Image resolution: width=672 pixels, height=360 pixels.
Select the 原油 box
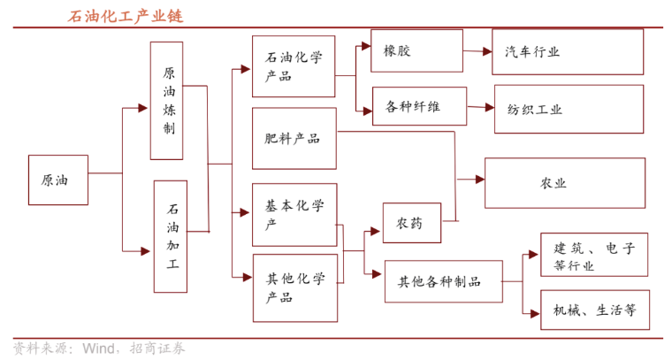click(57, 180)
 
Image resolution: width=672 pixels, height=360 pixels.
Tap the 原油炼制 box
click(167, 101)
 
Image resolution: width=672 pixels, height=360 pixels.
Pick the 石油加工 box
click(170, 236)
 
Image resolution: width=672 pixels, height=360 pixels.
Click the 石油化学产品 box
click(294, 66)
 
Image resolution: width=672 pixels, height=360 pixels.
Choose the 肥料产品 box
click(294, 139)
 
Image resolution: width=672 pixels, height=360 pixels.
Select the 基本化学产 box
click(294, 215)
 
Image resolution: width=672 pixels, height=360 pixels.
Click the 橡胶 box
click(416, 50)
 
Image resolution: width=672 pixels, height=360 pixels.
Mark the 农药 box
click(411, 223)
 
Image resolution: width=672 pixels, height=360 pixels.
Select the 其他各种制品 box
click(443, 281)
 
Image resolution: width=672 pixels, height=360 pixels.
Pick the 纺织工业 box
click(569, 110)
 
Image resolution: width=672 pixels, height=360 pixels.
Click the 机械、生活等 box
click(593, 310)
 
